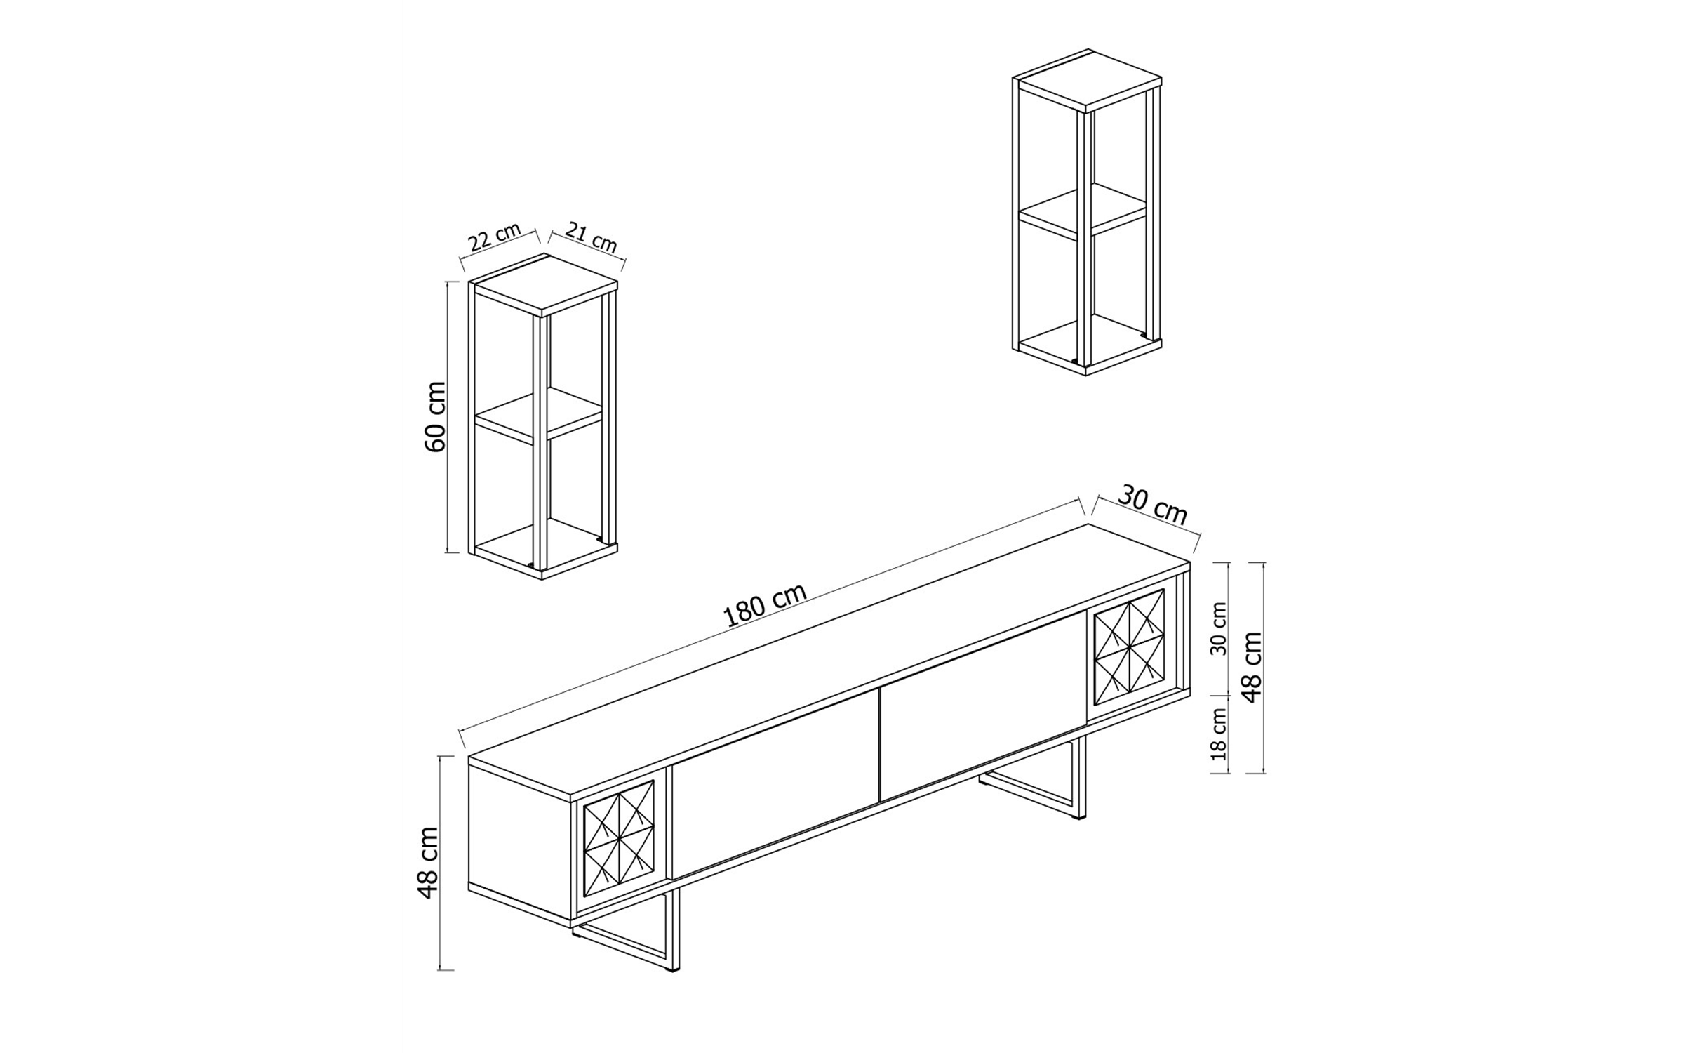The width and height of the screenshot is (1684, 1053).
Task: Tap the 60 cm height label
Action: (x=436, y=416)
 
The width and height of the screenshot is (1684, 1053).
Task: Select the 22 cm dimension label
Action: (x=495, y=237)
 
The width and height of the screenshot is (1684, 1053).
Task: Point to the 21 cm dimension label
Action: (x=591, y=237)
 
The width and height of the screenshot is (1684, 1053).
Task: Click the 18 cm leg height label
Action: (x=1219, y=734)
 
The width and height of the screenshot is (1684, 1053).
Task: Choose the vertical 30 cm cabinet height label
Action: (x=1219, y=628)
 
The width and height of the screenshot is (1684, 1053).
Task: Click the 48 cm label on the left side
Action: (x=427, y=863)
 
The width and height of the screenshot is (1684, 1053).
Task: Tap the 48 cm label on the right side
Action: (x=1252, y=668)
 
